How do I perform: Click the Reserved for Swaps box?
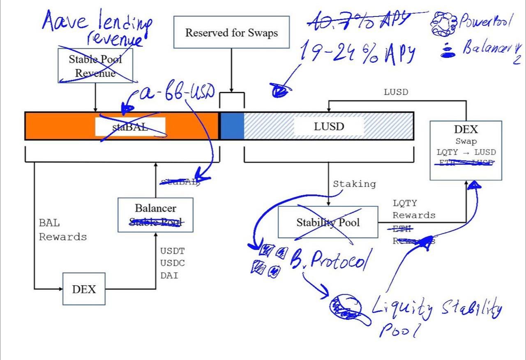(x=231, y=32)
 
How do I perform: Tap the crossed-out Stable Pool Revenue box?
(x=95, y=66)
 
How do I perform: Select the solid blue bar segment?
(x=232, y=126)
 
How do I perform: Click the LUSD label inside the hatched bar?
(x=328, y=126)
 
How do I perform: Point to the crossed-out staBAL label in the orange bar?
(x=130, y=127)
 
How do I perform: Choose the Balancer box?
(x=155, y=215)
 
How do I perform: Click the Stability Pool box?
(x=328, y=222)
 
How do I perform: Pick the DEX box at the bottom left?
(x=84, y=289)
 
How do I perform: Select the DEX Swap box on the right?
(x=466, y=150)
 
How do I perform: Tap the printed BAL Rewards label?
(x=62, y=230)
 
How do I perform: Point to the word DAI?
(x=169, y=275)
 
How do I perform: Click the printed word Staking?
(x=354, y=184)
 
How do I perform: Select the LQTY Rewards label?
(x=413, y=209)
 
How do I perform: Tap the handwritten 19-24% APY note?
(x=358, y=54)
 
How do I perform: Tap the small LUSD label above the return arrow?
(x=396, y=92)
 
